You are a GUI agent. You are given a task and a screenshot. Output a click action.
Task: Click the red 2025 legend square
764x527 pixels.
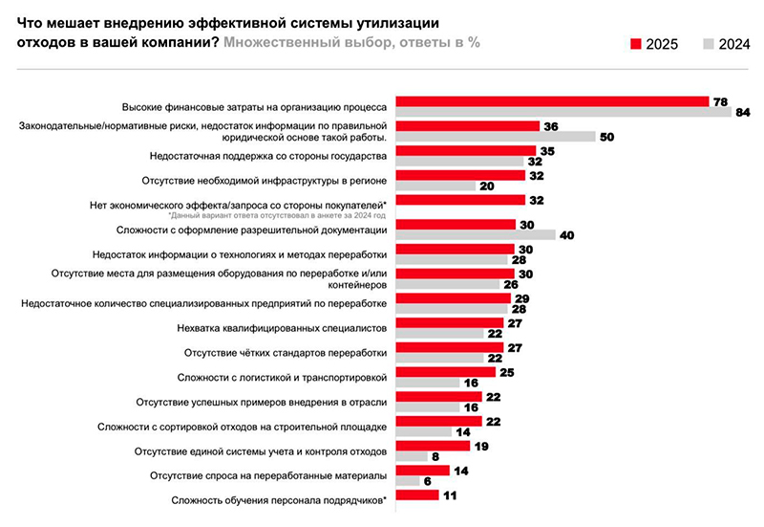point(637,44)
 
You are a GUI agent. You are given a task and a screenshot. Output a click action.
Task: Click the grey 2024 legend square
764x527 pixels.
point(708,44)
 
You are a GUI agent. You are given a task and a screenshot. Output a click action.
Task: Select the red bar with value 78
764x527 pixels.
point(552,101)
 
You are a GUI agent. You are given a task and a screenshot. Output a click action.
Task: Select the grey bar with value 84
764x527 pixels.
point(563,112)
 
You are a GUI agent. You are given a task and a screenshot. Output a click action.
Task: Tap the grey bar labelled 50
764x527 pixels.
point(496,137)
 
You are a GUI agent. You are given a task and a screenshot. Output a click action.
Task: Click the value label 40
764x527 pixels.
point(566,234)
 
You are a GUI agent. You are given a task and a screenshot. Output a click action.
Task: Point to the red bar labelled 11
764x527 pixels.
point(417,494)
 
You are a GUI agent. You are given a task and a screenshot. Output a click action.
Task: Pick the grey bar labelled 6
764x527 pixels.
point(407,481)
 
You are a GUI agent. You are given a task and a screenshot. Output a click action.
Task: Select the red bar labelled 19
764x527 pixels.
point(433,446)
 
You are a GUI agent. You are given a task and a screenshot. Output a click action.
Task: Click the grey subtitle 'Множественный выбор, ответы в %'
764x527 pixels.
point(351,43)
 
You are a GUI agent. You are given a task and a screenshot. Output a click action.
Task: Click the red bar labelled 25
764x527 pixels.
point(445,372)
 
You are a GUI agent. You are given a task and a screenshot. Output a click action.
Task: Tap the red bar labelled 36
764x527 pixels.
point(466,126)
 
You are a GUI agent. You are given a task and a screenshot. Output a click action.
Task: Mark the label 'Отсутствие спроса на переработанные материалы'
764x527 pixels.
point(268,475)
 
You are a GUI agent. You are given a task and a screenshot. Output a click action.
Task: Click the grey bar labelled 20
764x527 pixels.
point(435,186)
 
